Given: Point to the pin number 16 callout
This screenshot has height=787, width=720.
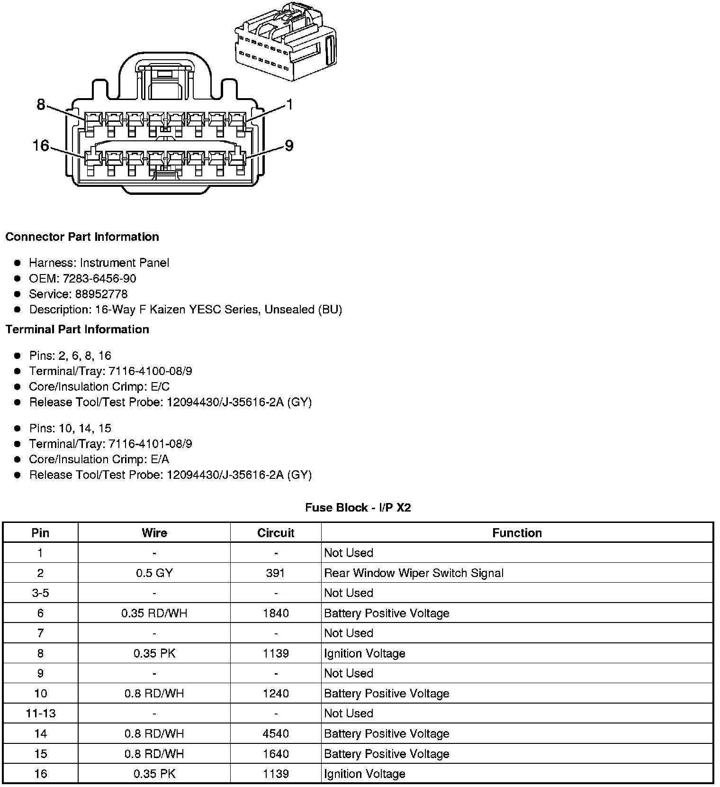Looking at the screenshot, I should point(41,145).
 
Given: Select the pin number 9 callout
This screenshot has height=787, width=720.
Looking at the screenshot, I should point(289,145).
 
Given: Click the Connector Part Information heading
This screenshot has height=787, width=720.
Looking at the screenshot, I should point(82,237).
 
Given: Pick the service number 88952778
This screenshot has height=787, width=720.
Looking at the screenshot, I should point(101,294).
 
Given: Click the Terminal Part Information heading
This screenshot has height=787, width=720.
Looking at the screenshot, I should point(77,329).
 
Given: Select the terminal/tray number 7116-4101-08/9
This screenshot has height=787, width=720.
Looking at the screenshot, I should point(150,444).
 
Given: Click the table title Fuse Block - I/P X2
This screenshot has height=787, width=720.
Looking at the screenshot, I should point(358,508).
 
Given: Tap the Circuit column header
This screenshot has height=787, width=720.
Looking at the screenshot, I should point(276,533).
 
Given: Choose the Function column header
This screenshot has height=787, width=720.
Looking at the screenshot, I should point(517,533).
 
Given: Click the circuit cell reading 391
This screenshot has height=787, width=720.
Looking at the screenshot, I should point(276,573).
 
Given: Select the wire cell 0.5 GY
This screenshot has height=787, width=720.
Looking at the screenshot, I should point(154,573).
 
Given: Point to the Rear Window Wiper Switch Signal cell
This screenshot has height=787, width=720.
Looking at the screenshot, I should point(414,573).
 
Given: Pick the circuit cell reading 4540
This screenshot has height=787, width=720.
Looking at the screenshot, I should point(276,733).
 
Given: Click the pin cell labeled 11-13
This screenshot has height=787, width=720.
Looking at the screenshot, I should point(41,714).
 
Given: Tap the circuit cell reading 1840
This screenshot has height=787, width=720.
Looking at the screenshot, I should point(276,613).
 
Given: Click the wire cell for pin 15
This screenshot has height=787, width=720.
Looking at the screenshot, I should point(154,754).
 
